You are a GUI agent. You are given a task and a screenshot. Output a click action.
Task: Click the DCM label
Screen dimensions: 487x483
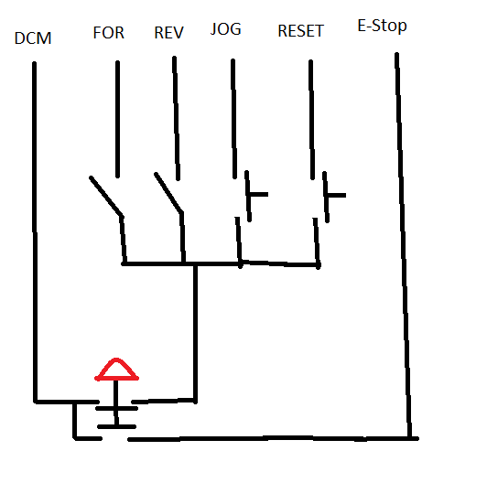pos(33,38)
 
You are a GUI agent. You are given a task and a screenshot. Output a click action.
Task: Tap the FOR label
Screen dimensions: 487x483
pos(109,33)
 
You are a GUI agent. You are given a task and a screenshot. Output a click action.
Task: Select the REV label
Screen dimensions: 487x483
pos(169,33)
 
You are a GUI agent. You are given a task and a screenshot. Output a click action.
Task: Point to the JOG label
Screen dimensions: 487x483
pos(226,29)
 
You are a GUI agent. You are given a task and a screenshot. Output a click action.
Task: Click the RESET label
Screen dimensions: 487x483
pos(300,31)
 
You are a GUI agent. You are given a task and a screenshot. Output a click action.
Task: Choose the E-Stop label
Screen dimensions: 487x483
pos(382,26)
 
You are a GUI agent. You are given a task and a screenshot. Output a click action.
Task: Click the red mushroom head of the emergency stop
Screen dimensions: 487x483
pos(116,370)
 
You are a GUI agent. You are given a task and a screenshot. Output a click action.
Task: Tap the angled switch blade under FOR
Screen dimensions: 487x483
pos(106,196)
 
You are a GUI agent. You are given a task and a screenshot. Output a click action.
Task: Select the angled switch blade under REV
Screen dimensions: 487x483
pos(168,192)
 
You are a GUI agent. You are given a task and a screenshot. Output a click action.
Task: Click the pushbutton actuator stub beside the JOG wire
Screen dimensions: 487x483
pos(258,195)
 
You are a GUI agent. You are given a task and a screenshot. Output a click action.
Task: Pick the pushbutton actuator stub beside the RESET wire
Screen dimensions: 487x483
pos(336,195)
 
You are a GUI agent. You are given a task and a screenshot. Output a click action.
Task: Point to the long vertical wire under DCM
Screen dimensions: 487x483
pos(35,232)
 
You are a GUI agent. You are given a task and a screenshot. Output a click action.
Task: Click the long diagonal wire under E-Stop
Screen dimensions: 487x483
pos(404,245)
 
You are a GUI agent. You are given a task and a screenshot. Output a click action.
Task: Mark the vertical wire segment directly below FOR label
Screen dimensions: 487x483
pos(117,119)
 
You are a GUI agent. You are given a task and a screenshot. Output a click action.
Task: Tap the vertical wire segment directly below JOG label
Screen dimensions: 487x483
pos(233,119)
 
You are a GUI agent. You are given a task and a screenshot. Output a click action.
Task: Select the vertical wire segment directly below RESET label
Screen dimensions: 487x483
pos(312,120)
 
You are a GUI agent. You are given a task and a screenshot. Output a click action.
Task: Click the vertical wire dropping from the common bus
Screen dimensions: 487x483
pos(195,333)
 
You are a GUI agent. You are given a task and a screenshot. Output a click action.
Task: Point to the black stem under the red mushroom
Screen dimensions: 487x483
pos(116,402)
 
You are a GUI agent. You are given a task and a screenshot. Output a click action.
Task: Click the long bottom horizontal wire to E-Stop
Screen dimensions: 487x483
pos(274,438)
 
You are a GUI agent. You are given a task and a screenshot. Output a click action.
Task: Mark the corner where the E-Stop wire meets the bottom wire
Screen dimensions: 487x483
pos(410,438)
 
